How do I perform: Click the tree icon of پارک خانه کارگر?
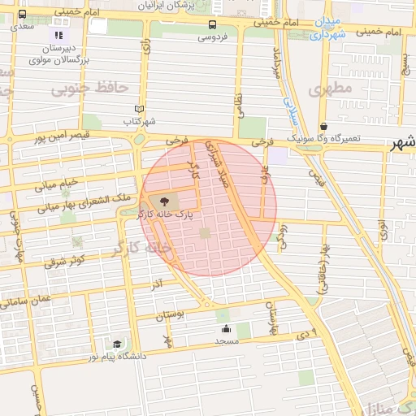point(166,201)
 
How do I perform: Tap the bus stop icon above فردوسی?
point(213,24)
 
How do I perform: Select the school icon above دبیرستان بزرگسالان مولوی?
point(58,35)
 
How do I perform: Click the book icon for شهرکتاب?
point(139,109)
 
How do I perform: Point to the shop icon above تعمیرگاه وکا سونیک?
point(324,127)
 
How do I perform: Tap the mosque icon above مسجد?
point(225,328)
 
